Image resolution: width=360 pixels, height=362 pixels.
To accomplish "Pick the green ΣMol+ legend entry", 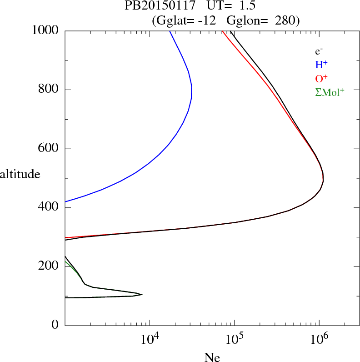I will [x=330, y=92].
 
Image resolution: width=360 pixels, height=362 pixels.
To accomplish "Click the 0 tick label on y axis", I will [x=55, y=325].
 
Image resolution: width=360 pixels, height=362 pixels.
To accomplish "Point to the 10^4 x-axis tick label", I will [x=150, y=339].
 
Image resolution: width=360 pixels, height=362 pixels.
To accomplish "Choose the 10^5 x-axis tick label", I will [x=234, y=339].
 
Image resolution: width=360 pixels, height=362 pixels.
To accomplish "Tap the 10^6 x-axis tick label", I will [x=319, y=339].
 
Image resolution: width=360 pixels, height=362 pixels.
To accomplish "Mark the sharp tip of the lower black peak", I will [x=142, y=295].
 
